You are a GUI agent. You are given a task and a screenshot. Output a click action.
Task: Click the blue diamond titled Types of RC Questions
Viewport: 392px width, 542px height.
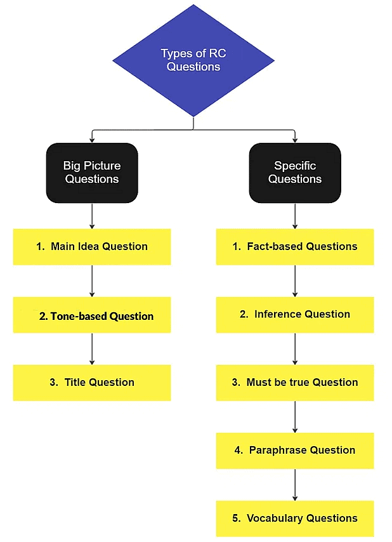point(193,61)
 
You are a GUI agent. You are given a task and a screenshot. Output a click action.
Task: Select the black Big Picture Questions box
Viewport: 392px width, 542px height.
point(92,173)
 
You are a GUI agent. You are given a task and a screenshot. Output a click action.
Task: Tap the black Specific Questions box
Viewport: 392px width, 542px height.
point(295,173)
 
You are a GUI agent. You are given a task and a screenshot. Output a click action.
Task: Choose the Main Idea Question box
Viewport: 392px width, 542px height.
point(92,247)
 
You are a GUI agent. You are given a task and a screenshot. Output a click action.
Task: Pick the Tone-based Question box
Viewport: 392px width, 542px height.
point(92,315)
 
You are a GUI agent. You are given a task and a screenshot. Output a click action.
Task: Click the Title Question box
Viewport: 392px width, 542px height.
point(92,383)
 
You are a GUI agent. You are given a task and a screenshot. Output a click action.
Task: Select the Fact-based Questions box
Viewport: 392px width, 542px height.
point(295,247)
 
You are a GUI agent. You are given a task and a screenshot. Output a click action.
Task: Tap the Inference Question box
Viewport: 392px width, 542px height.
point(295,315)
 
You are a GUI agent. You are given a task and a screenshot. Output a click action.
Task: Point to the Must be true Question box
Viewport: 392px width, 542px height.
point(295,383)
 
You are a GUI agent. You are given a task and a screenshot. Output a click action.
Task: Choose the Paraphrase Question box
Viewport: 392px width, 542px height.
point(295,451)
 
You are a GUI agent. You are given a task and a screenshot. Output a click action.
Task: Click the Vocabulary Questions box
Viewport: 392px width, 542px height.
point(295,519)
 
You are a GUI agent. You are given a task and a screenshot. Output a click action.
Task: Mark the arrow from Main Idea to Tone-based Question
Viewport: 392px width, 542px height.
point(92,281)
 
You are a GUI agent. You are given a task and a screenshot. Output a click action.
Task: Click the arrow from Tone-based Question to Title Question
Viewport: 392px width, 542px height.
point(92,348)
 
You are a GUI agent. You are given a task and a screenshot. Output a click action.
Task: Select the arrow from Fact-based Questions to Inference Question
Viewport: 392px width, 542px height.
point(295,281)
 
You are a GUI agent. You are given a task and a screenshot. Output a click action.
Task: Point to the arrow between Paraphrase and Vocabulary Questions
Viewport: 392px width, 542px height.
point(295,484)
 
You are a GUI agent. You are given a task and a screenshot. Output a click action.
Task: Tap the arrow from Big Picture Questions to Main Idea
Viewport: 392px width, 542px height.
point(92,216)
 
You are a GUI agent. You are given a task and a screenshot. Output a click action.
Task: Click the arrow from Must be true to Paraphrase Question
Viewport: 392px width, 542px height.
point(295,416)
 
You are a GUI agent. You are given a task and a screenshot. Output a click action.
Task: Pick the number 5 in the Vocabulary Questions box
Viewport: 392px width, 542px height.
point(236,519)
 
